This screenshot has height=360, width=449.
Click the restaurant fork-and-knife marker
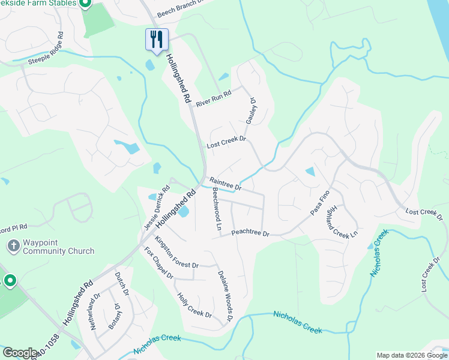(157, 40)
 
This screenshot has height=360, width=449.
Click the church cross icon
(13, 246)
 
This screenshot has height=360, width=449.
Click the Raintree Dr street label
(225, 184)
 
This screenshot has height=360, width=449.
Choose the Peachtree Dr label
(250, 232)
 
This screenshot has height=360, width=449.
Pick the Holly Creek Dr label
(194, 305)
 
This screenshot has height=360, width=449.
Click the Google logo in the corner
(20, 353)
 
